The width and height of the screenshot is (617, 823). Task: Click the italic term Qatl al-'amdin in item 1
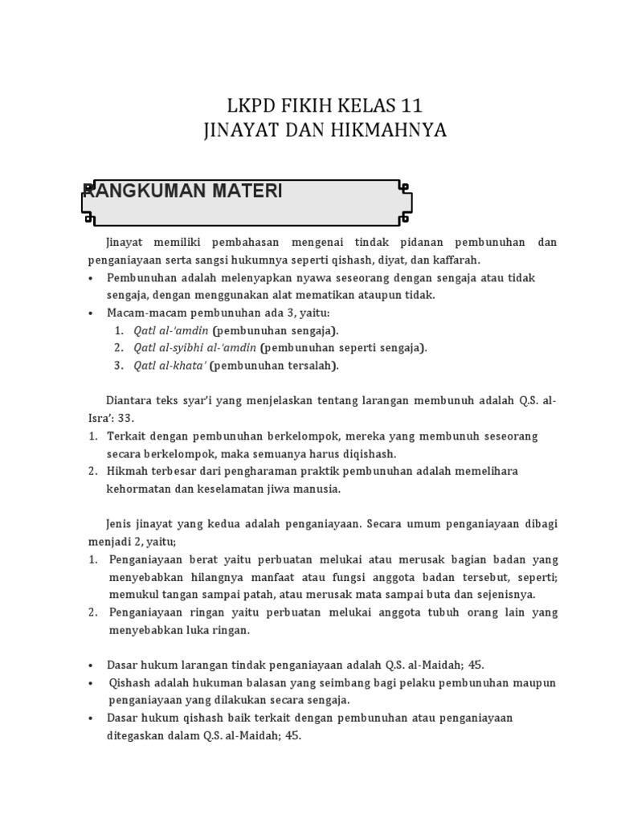click(171, 330)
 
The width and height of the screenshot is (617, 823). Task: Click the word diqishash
click(366, 454)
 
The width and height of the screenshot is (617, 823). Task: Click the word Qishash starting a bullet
click(131, 682)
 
